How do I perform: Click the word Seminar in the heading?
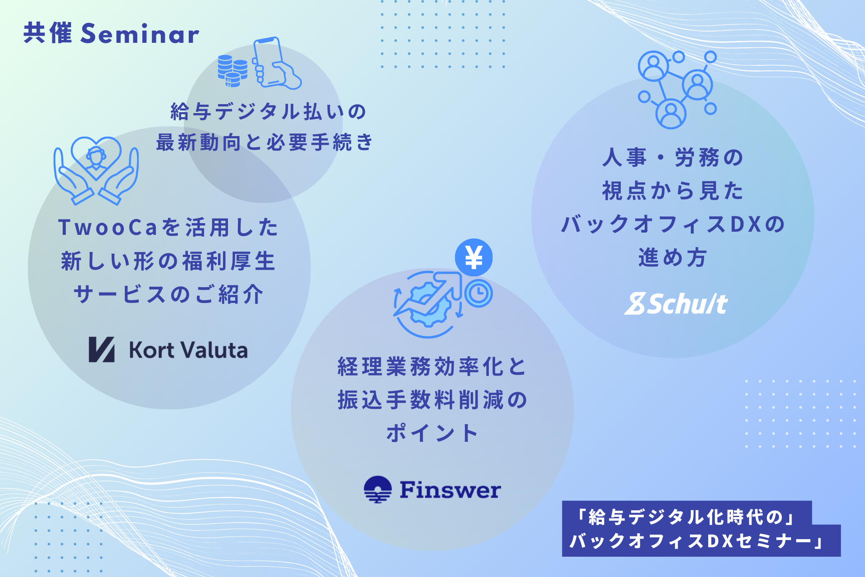click(140, 34)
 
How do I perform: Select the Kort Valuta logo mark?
click(101, 349)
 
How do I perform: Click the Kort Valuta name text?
click(188, 350)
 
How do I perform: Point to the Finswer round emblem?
click(378, 490)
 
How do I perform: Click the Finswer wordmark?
click(450, 490)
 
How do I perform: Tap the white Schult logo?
click(676, 304)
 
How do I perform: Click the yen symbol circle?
click(473, 257)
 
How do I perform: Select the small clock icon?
click(478, 293)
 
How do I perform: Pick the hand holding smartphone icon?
click(276, 63)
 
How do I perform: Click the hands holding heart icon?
click(96, 171)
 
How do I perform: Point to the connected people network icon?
click(677, 90)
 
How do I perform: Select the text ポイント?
click(432, 433)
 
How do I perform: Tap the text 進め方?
click(672, 257)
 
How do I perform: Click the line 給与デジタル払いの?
click(269, 111)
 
